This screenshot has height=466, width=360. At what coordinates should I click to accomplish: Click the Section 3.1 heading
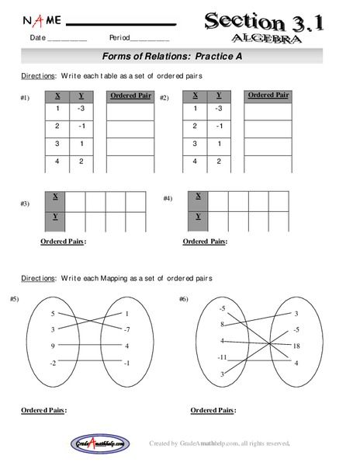pyautogui.click(x=272, y=20)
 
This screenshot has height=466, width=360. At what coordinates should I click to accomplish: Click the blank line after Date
pyautogui.click(x=67, y=38)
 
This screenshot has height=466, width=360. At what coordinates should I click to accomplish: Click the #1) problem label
pyautogui.click(x=25, y=99)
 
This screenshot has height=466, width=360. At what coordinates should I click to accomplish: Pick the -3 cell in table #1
pyautogui.click(x=82, y=109)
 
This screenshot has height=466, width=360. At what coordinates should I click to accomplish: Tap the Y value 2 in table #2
pyautogui.click(x=218, y=162)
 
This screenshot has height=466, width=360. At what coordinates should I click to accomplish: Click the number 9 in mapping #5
pyautogui.click(x=54, y=346)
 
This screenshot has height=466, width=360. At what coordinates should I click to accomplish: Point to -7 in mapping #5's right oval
pyautogui.click(x=126, y=330)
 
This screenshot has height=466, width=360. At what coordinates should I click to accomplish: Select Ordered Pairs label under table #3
pyautogui.click(x=63, y=241)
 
